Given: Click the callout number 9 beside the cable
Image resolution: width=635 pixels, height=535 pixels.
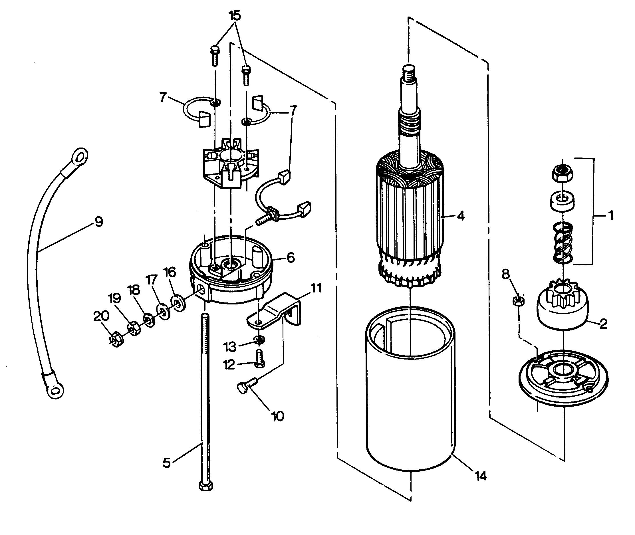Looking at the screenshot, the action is (98, 222).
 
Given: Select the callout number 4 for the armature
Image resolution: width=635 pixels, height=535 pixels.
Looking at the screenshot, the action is (461, 216).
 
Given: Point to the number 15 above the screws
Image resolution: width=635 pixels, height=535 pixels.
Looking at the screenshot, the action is (235, 16).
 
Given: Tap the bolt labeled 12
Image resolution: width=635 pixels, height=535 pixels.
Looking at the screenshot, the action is (260, 358).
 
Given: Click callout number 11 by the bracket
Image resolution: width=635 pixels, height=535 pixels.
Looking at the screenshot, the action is (316, 288).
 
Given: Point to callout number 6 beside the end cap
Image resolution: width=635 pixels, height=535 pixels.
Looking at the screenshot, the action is (290, 257).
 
